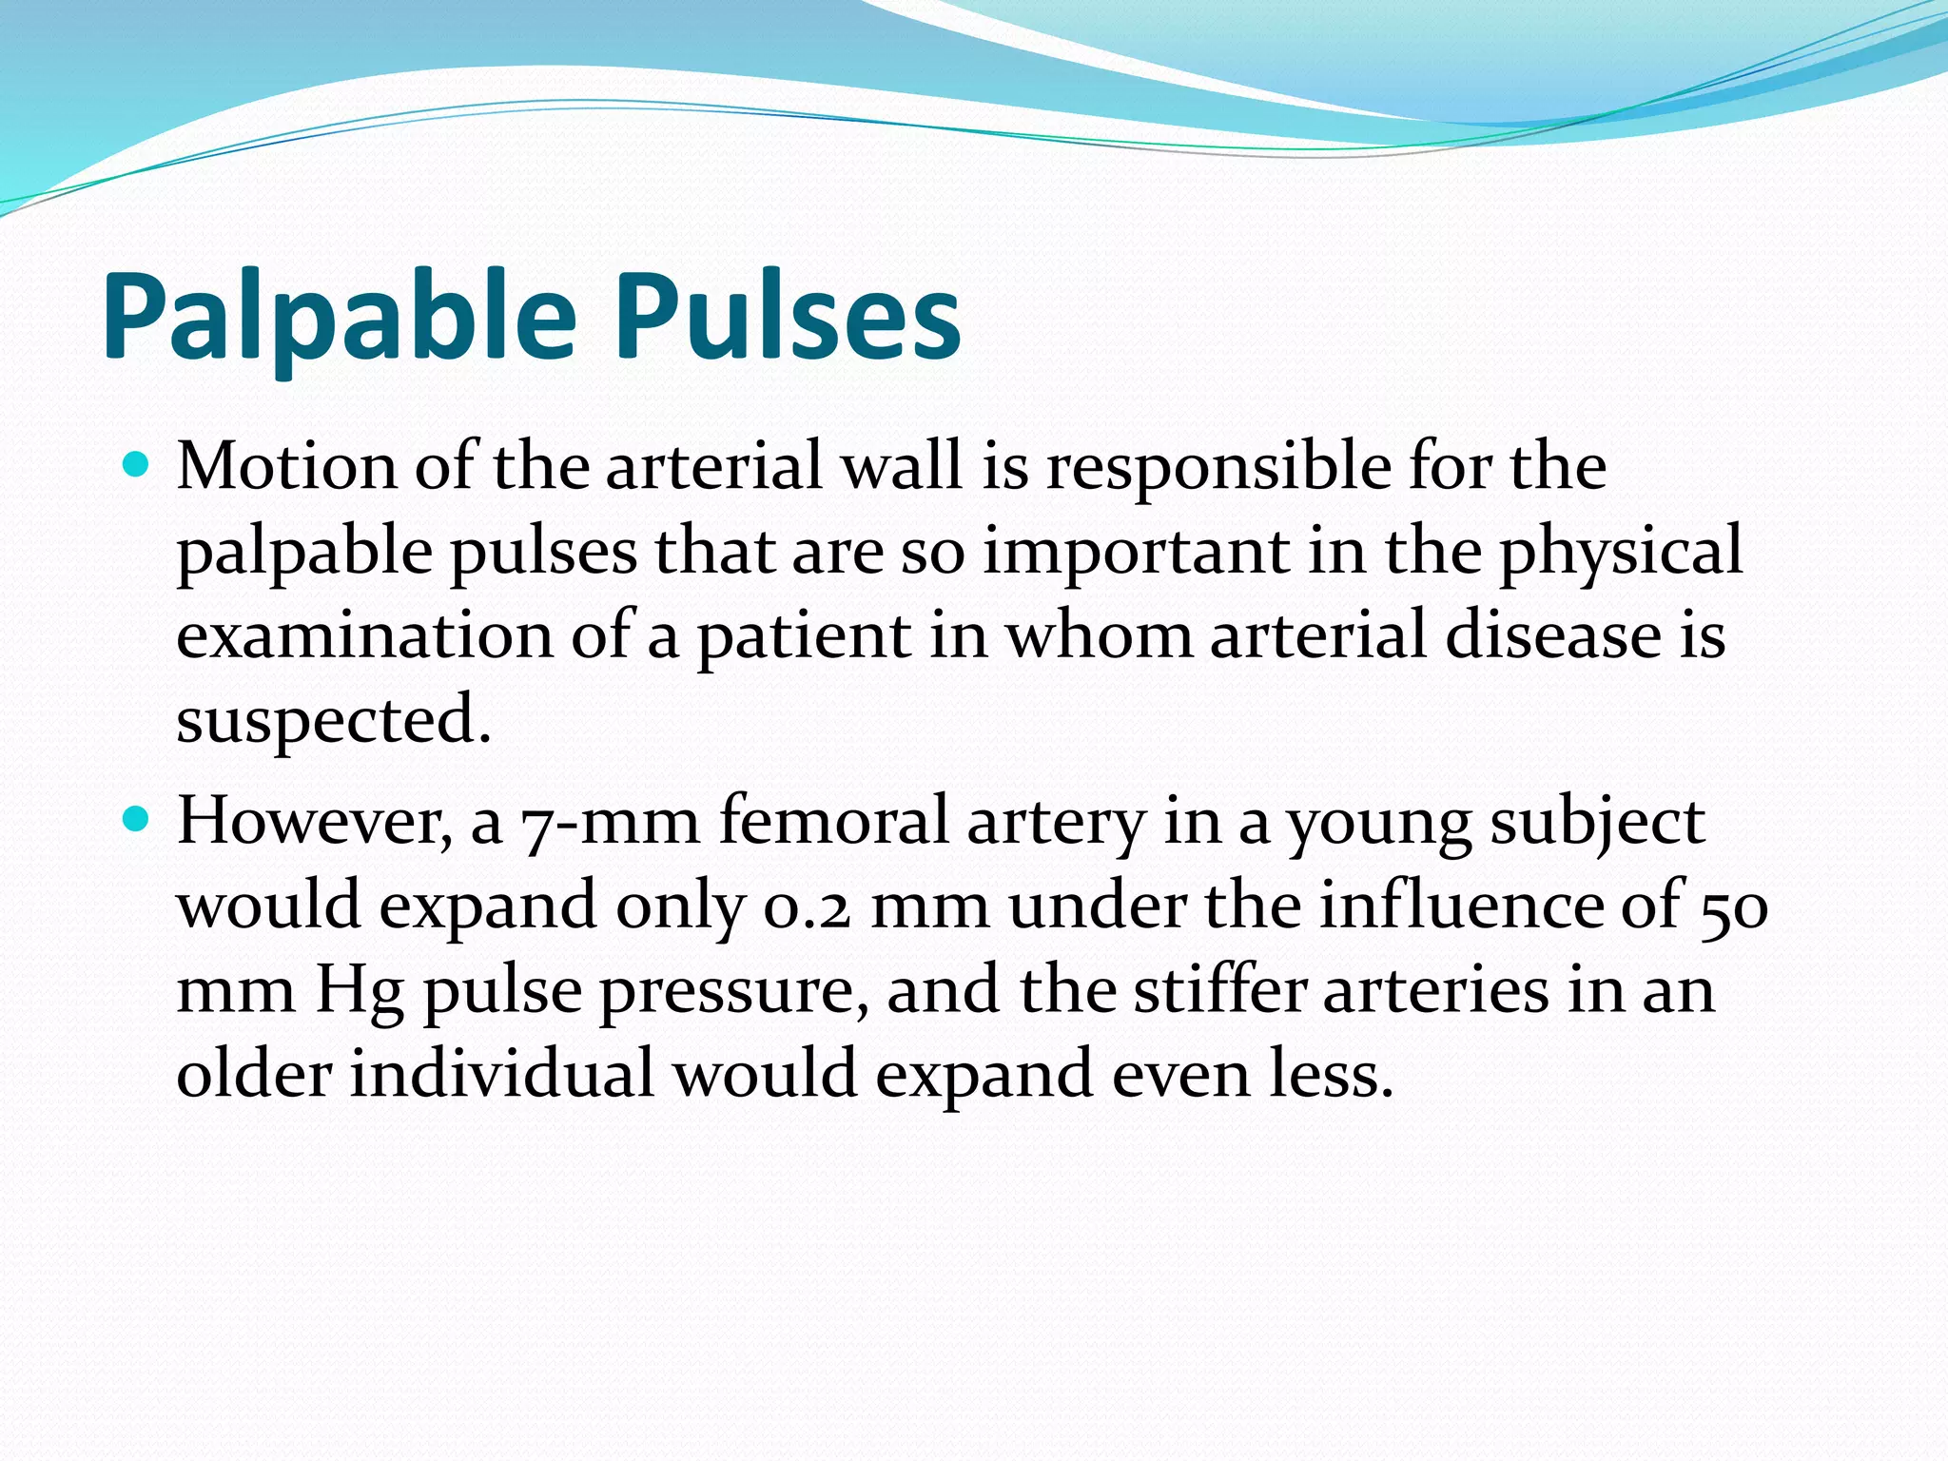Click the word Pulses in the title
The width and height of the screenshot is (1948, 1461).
coord(788,316)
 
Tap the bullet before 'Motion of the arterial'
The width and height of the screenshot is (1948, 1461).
coord(137,466)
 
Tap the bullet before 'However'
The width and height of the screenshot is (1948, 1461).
coord(137,820)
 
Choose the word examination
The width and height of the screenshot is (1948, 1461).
coord(364,635)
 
